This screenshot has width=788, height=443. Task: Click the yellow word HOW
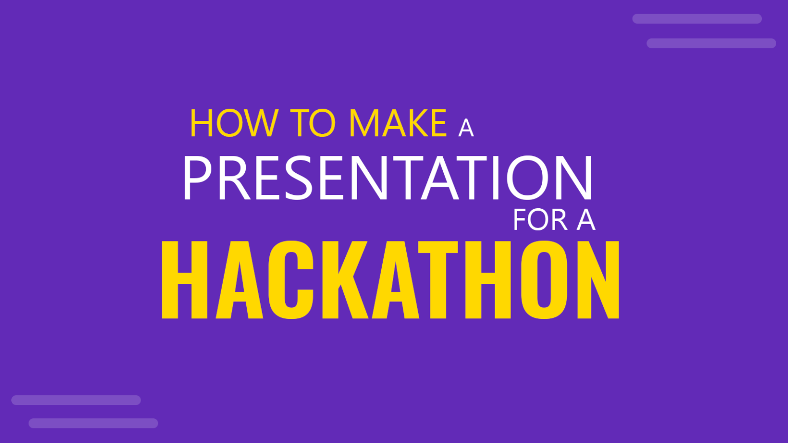tap(233, 124)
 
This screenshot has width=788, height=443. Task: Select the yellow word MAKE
tap(398, 124)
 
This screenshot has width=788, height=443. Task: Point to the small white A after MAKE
tap(466, 128)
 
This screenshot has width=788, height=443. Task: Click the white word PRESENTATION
tap(388, 178)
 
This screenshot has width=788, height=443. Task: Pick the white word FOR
tap(540, 220)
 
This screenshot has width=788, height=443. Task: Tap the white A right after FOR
tap(586, 220)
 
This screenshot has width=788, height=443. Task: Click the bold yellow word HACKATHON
tap(390, 279)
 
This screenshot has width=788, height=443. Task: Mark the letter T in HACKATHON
tap(438, 279)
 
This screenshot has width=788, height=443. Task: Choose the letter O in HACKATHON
tap(544, 279)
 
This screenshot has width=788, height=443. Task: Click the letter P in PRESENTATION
tap(198, 178)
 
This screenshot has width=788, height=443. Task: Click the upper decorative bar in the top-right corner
tap(697, 19)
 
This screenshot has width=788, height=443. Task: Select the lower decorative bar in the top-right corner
tap(711, 44)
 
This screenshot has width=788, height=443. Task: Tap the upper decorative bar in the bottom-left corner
tap(76, 400)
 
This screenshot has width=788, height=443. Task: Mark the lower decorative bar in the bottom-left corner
tap(93, 424)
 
